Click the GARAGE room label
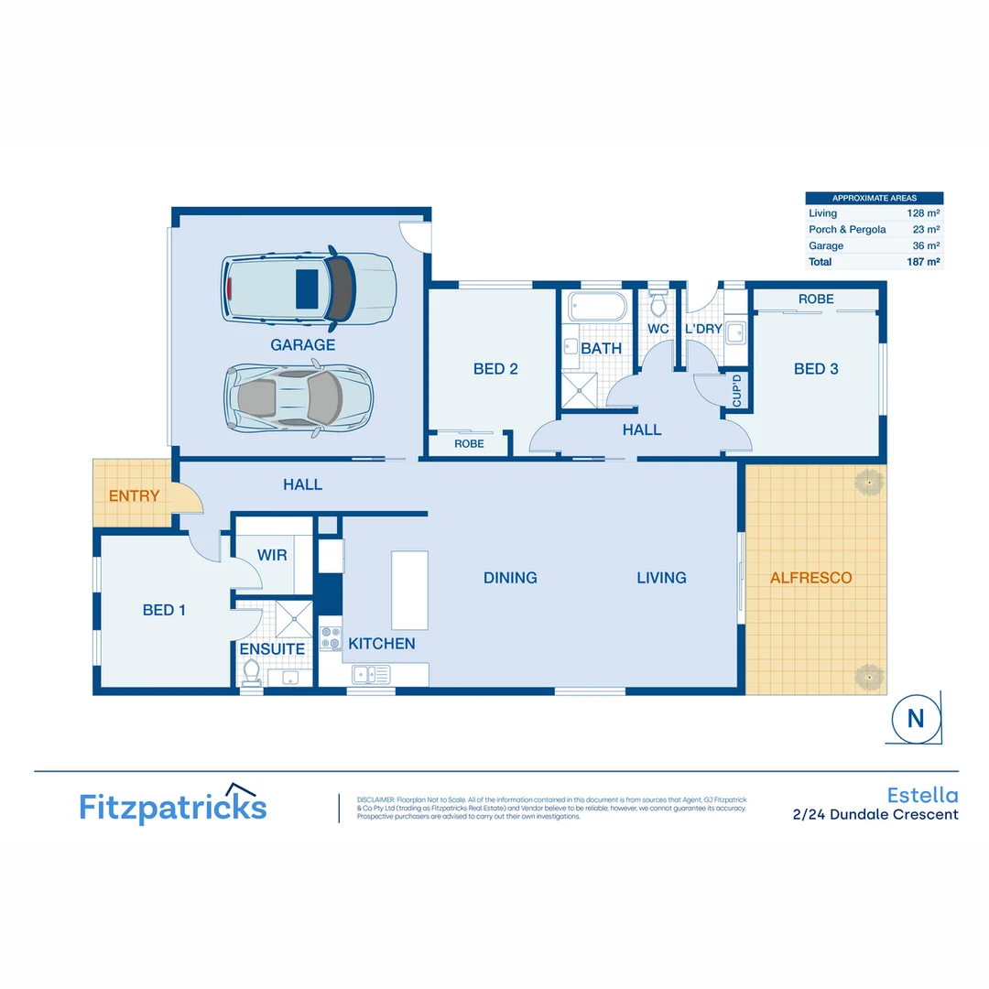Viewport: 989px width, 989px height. click(302, 345)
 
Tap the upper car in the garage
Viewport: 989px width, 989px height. click(309, 288)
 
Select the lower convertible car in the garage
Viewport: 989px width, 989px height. click(299, 396)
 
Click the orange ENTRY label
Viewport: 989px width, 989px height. click(134, 496)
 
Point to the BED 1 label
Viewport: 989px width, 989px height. click(164, 610)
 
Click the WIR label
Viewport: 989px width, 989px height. click(272, 555)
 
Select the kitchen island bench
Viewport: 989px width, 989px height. click(409, 590)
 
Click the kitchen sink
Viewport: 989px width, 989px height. click(370, 675)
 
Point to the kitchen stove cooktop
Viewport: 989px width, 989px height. click(331, 638)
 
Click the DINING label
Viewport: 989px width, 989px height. click(510, 578)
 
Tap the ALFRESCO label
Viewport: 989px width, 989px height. click(810, 578)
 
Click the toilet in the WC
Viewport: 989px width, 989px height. click(658, 302)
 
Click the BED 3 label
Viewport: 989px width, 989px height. click(815, 369)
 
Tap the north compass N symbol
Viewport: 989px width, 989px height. click(916, 719)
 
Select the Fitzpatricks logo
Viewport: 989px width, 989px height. click(172, 805)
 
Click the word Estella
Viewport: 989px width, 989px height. click(922, 795)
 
